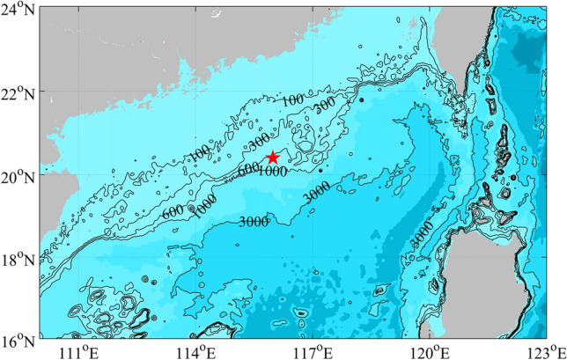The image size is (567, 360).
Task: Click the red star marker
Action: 272,158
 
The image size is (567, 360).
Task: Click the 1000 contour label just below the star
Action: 272,172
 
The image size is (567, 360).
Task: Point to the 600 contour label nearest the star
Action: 247,168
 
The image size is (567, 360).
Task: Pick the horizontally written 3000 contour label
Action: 254,222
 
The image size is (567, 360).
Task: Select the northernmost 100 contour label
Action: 294,100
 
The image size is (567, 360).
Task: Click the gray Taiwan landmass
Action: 519,35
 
